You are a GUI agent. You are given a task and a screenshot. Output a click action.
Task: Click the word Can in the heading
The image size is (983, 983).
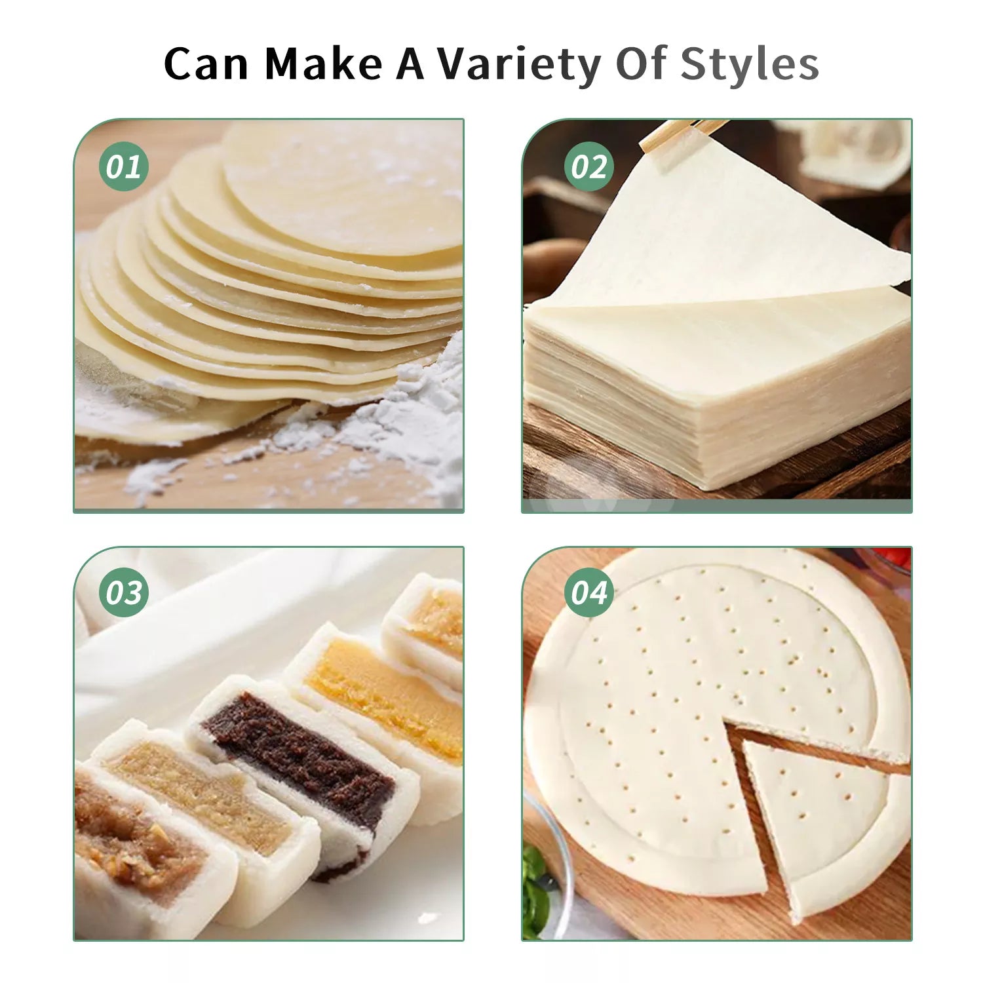(206, 64)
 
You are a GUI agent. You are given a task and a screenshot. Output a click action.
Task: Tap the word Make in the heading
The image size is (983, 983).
(324, 64)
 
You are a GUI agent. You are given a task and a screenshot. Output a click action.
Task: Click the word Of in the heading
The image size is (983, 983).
(641, 64)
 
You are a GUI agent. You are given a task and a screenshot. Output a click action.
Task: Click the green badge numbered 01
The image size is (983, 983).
(124, 166)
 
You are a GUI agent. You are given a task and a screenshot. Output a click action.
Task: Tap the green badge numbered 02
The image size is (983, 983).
(589, 166)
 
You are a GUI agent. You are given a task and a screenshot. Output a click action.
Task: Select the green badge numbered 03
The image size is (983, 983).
(124, 592)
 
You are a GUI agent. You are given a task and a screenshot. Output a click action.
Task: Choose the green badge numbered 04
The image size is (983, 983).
(589, 592)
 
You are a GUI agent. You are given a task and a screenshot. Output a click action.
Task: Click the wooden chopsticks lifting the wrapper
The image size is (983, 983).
(682, 136)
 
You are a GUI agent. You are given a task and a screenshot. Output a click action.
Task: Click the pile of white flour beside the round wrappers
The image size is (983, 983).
(400, 419)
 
